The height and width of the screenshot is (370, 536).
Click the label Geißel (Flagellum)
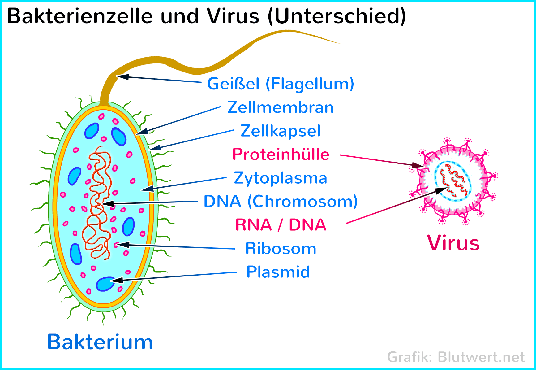[x=281, y=84]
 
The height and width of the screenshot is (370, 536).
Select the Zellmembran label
[x=281, y=107]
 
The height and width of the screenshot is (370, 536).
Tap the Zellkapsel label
[x=281, y=131]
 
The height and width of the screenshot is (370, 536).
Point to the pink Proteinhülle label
[x=281, y=154]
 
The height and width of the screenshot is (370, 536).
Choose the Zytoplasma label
[x=281, y=178]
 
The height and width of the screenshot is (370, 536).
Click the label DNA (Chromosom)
[x=281, y=202]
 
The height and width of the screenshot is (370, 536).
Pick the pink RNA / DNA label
[x=281, y=225]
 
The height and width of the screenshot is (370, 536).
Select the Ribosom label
[x=281, y=249]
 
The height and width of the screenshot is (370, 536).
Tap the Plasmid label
[x=278, y=272]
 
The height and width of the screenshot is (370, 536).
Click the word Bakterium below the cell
[x=100, y=342]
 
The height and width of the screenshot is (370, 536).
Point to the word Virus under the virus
[x=453, y=243]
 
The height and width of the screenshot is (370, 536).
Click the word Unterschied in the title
[x=337, y=16]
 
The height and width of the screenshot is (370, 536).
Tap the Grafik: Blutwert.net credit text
[x=456, y=357]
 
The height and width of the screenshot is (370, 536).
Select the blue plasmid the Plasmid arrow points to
[x=105, y=284]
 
